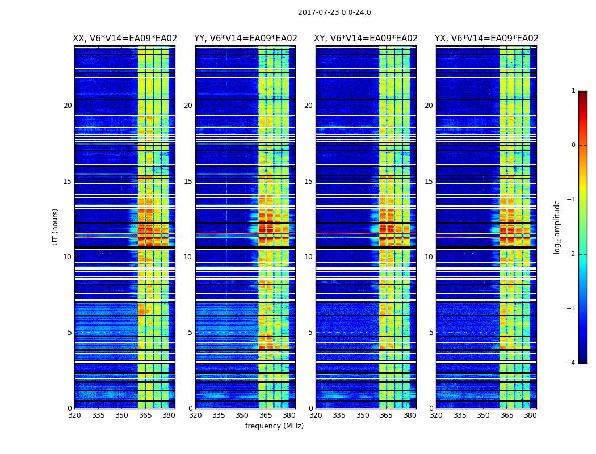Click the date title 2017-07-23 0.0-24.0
(x=334, y=12)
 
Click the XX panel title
(x=125, y=39)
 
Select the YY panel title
(x=245, y=39)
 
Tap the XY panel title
(x=366, y=39)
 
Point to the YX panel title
(x=486, y=39)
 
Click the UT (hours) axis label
(x=56, y=226)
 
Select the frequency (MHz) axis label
(x=274, y=426)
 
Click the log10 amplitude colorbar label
(x=557, y=226)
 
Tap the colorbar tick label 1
(x=573, y=91)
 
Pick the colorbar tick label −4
(x=572, y=363)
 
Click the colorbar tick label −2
(x=572, y=254)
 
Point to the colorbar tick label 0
(x=573, y=145)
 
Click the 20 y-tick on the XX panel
(x=68, y=106)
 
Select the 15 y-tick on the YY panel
(x=188, y=182)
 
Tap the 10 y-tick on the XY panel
(x=308, y=257)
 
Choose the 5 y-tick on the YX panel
(x=431, y=333)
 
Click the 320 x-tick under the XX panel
(x=74, y=415)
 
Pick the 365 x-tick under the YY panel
(x=266, y=415)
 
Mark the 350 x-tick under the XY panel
(x=363, y=415)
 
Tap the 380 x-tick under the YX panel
(x=530, y=415)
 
